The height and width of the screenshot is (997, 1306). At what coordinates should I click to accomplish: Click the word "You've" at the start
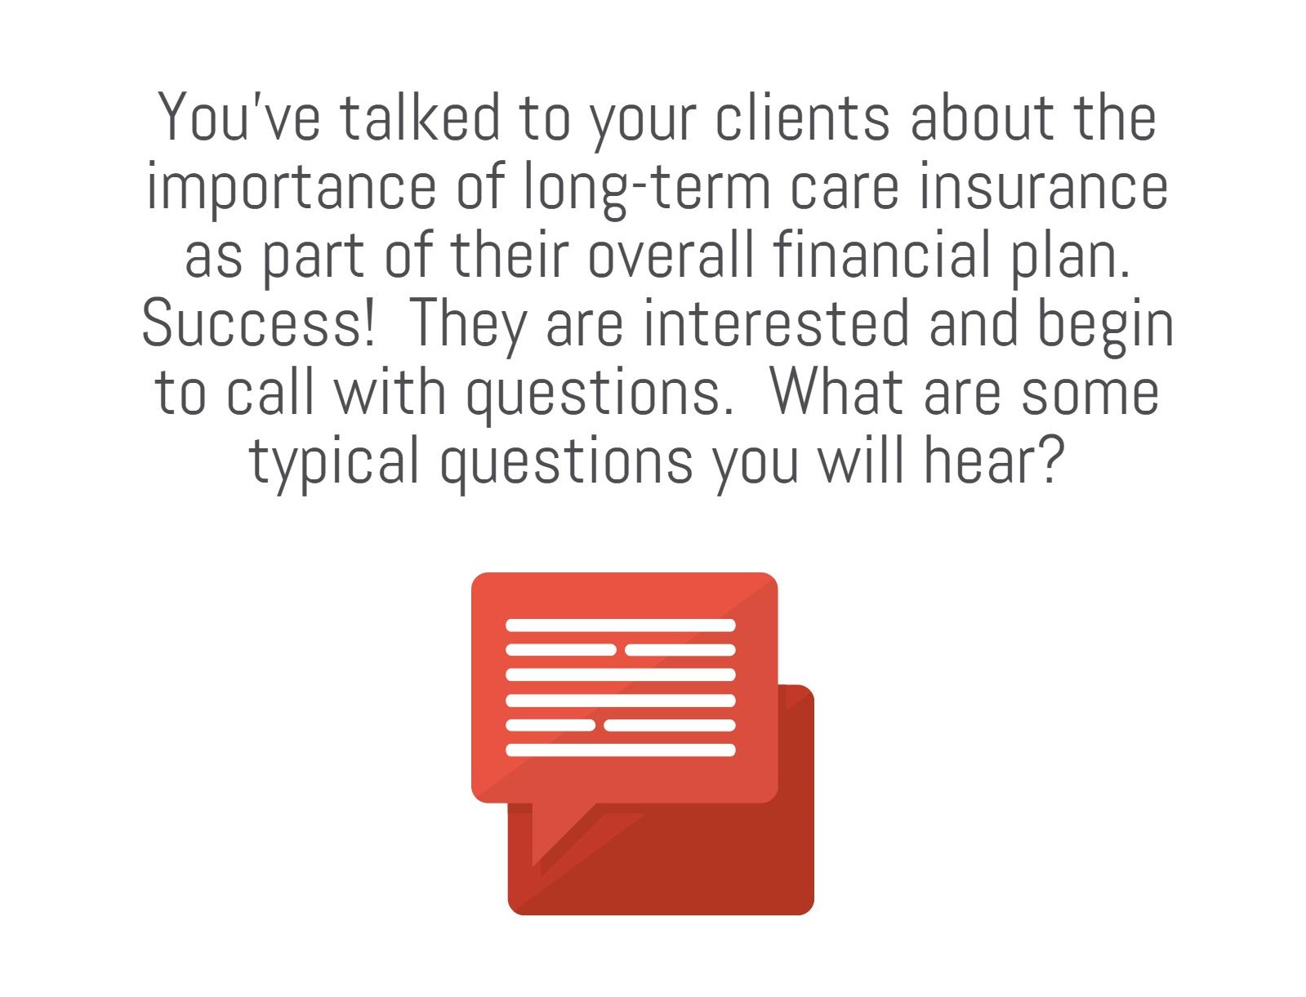239,117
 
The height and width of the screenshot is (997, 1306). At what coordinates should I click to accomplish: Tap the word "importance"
292,185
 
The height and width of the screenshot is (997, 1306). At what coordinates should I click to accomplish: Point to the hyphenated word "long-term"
646,185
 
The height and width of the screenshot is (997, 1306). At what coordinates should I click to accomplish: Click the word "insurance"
1043,185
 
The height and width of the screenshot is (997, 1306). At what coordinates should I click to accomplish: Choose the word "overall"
671,254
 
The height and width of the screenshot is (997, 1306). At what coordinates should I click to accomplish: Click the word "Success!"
259,323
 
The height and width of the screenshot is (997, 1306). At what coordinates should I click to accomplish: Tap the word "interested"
777,323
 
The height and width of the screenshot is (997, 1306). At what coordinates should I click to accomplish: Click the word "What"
836,391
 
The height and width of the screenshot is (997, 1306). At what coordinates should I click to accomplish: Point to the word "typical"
334,461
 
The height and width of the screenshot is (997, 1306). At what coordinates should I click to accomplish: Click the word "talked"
420,117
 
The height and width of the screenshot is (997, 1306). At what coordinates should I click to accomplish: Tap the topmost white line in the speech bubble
621,625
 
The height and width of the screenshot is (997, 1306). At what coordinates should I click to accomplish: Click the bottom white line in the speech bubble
621,750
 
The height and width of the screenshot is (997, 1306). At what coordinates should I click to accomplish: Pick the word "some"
1090,391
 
